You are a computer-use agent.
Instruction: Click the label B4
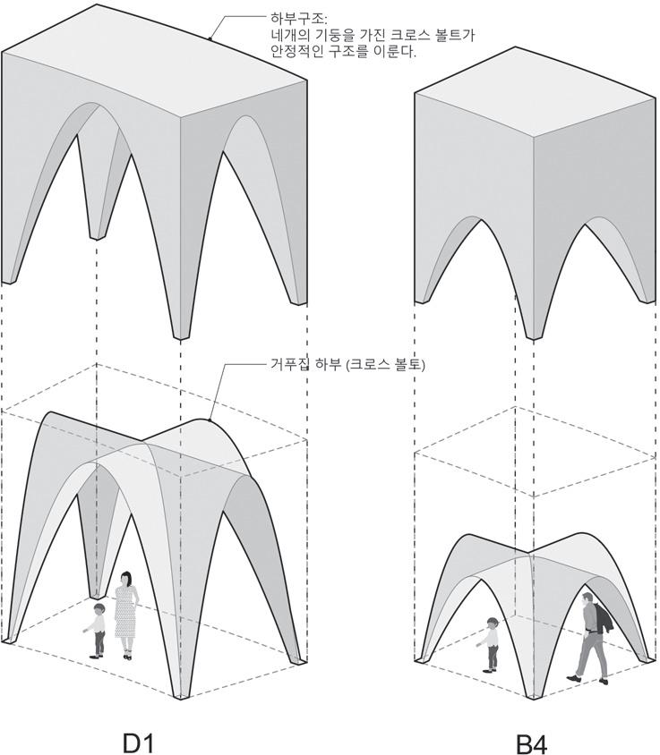click(x=532, y=742)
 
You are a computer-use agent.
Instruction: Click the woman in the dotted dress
click(x=125, y=615)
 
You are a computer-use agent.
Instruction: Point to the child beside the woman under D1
click(x=97, y=629)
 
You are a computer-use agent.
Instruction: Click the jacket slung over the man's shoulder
click(x=602, y=618)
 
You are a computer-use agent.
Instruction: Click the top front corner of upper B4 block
click(x=534, y=137)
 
